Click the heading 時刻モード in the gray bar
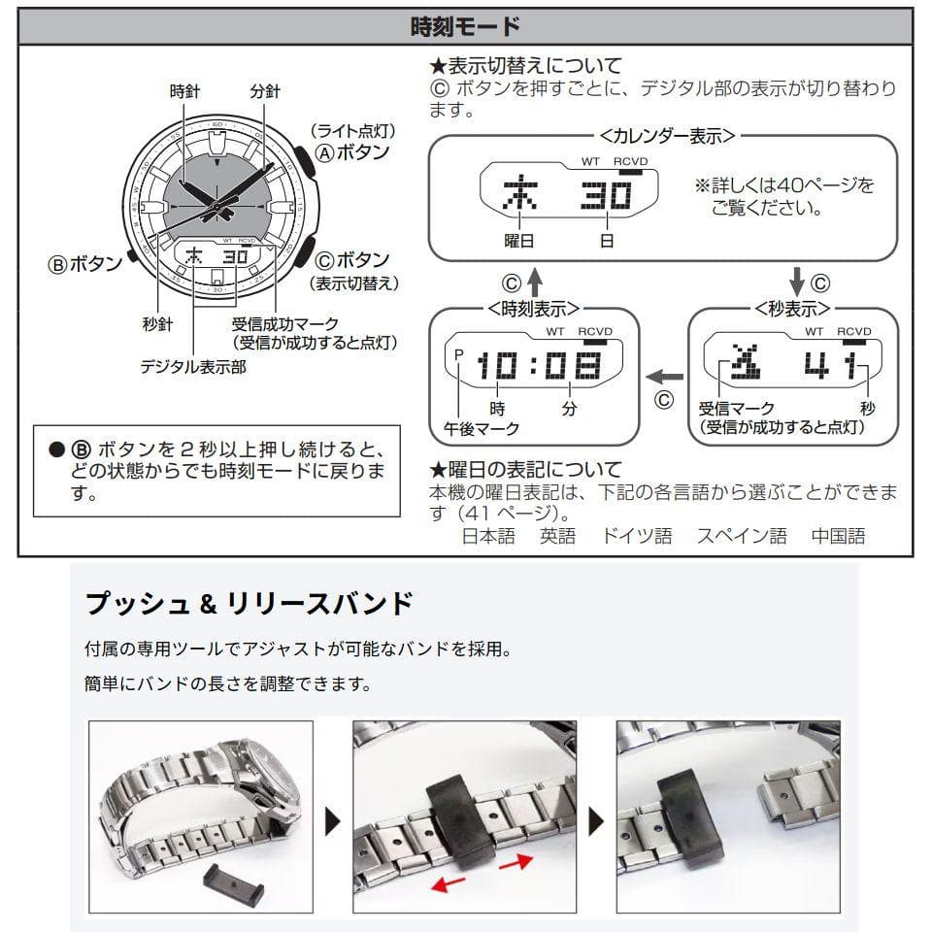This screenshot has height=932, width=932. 465,26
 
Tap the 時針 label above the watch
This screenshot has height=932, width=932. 184,91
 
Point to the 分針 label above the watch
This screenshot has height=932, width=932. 264,91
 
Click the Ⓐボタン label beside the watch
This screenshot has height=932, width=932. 352,152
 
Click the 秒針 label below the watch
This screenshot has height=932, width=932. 156,324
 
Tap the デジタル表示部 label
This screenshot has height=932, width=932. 192,367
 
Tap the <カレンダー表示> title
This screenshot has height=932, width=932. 661,137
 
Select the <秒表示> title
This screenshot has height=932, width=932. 792,309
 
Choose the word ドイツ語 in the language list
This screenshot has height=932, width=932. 636,536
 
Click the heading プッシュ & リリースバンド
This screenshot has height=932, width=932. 250,604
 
